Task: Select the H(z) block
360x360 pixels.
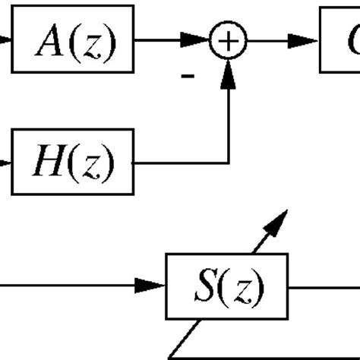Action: (x=76, y=161)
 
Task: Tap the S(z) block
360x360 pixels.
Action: (x=228, y=286)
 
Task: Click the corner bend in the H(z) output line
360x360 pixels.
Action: (x=229, y=161)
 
